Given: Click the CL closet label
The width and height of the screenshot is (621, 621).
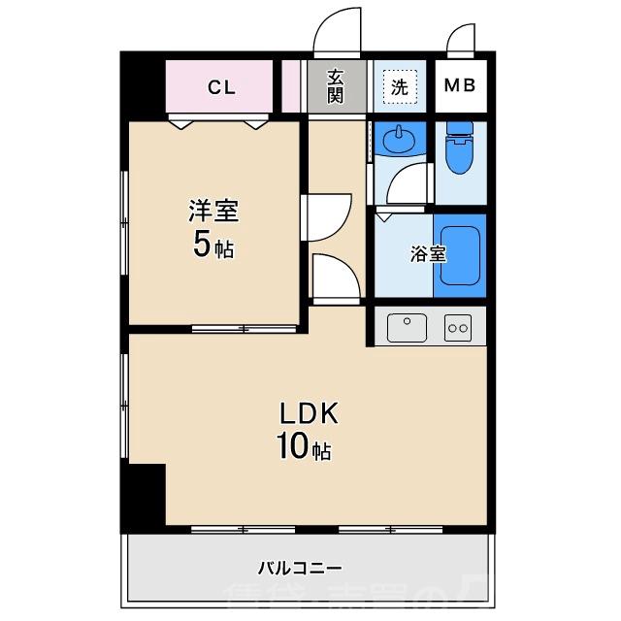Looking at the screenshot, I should [221, 87].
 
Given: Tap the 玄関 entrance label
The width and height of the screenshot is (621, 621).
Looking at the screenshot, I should [335, 86].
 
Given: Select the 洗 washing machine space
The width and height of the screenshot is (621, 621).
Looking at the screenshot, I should [399, 85].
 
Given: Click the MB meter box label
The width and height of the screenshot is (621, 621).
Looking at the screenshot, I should [459, 85].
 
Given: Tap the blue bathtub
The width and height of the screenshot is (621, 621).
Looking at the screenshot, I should [459, 256].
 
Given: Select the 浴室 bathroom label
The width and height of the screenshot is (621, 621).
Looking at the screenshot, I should [428, 254].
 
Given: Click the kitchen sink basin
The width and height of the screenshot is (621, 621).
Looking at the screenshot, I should [408, 327].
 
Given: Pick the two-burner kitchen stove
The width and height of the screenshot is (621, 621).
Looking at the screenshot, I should [457, 328].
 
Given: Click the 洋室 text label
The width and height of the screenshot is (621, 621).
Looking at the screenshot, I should [213, 211].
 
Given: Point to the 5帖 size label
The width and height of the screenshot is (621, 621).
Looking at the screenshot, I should [213, 245].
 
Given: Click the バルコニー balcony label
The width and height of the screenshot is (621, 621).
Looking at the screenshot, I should [300, 568].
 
